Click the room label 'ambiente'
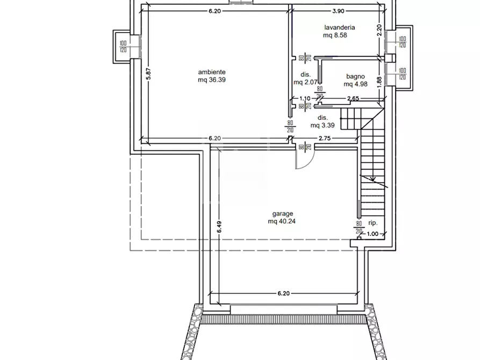pos(212,72)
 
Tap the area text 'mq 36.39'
pos(212,80)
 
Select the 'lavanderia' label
pos(340,27)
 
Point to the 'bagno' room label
pos(355,76)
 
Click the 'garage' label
pos(283,213)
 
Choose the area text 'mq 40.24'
pos(282,221)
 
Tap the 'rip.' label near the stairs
pos(373,223)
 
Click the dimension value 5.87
pos(149,74)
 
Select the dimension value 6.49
pos(219,227)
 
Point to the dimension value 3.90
pos(338,11)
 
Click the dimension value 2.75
pos(325,139)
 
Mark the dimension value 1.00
pos(372,234)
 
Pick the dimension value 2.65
pos(353,98)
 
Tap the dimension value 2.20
pos(379,31)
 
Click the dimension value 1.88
pos(379,82)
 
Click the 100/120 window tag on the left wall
pos(123,47)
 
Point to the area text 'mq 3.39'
pos(323,125)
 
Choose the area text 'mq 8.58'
pos(335,35)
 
